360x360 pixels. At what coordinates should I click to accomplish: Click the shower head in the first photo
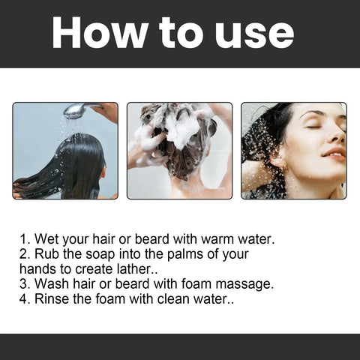pyautogui.click(x=75, y=110)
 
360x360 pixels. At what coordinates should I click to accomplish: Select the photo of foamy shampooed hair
pyautogui.click(x=179, y=151)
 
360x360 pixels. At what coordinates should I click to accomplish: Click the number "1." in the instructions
pyautogui.click(x=25, y=240)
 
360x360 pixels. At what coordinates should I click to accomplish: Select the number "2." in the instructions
pyautogui.click(x=25, y=255)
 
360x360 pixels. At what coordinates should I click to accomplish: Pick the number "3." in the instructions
pyautogui.click(x=25, y=284)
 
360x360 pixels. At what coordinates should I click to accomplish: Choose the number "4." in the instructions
pyautogui.click(x=25, y=299)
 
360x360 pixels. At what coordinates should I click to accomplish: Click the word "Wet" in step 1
pyautogui.click(x=47, y=240)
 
